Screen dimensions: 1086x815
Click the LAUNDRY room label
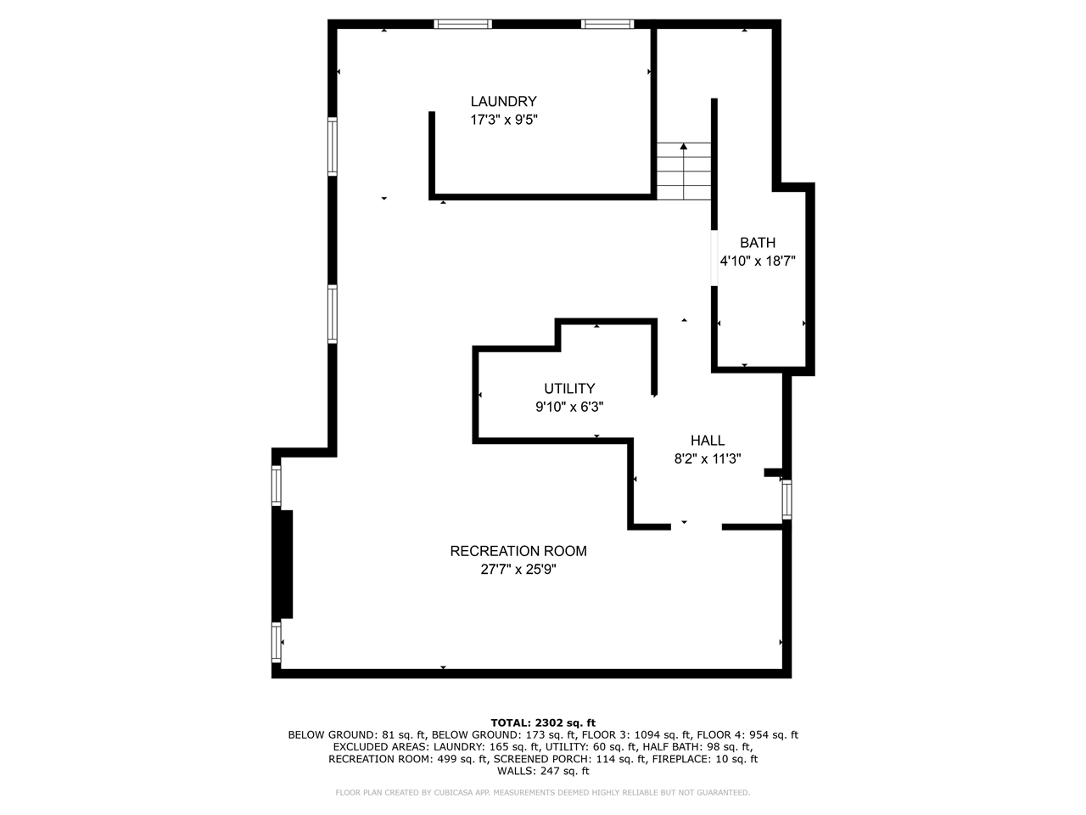pyautogui.click(x=503, y=101)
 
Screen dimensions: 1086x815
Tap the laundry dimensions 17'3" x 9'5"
pyautogui.click(x=503, y=120)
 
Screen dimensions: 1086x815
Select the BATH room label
pyautogui.click(x=757, y=243)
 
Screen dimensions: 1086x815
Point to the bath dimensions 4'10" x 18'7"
pyautogui.click(x=757, y=261)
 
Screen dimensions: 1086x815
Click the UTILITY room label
pyautogui.click(x=569, y=389)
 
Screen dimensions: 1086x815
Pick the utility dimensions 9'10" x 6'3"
pyautogui.click(x=569, y=407)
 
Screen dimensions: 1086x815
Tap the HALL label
pyautogui.click(x=708, y=441)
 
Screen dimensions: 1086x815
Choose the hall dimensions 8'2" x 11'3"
pyautogui.click(x=708, y=458)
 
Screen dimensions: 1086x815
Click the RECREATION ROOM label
pyautogui.click(x=518, y=551)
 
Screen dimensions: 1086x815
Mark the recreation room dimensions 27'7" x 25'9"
pyautogui.click(x=518, y=569)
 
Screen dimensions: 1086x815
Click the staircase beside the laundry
pyautogui.click(x=684, y=171)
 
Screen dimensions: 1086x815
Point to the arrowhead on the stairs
pyautogui.click(x=684, y=146)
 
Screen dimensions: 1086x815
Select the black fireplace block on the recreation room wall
pyautogui.click(x=283, y=564)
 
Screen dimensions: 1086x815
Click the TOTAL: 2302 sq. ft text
pyautogui.click(x=543, y=723)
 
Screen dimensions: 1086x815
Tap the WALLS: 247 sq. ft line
pyautogui.click(x=543, y=771)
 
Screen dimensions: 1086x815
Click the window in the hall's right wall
pyautogui.click(x=787, y=499)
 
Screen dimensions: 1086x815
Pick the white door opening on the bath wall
pyautogui.click(x=714, y=258)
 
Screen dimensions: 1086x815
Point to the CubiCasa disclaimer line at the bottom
pyautogui.click(x=543, y=792)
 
